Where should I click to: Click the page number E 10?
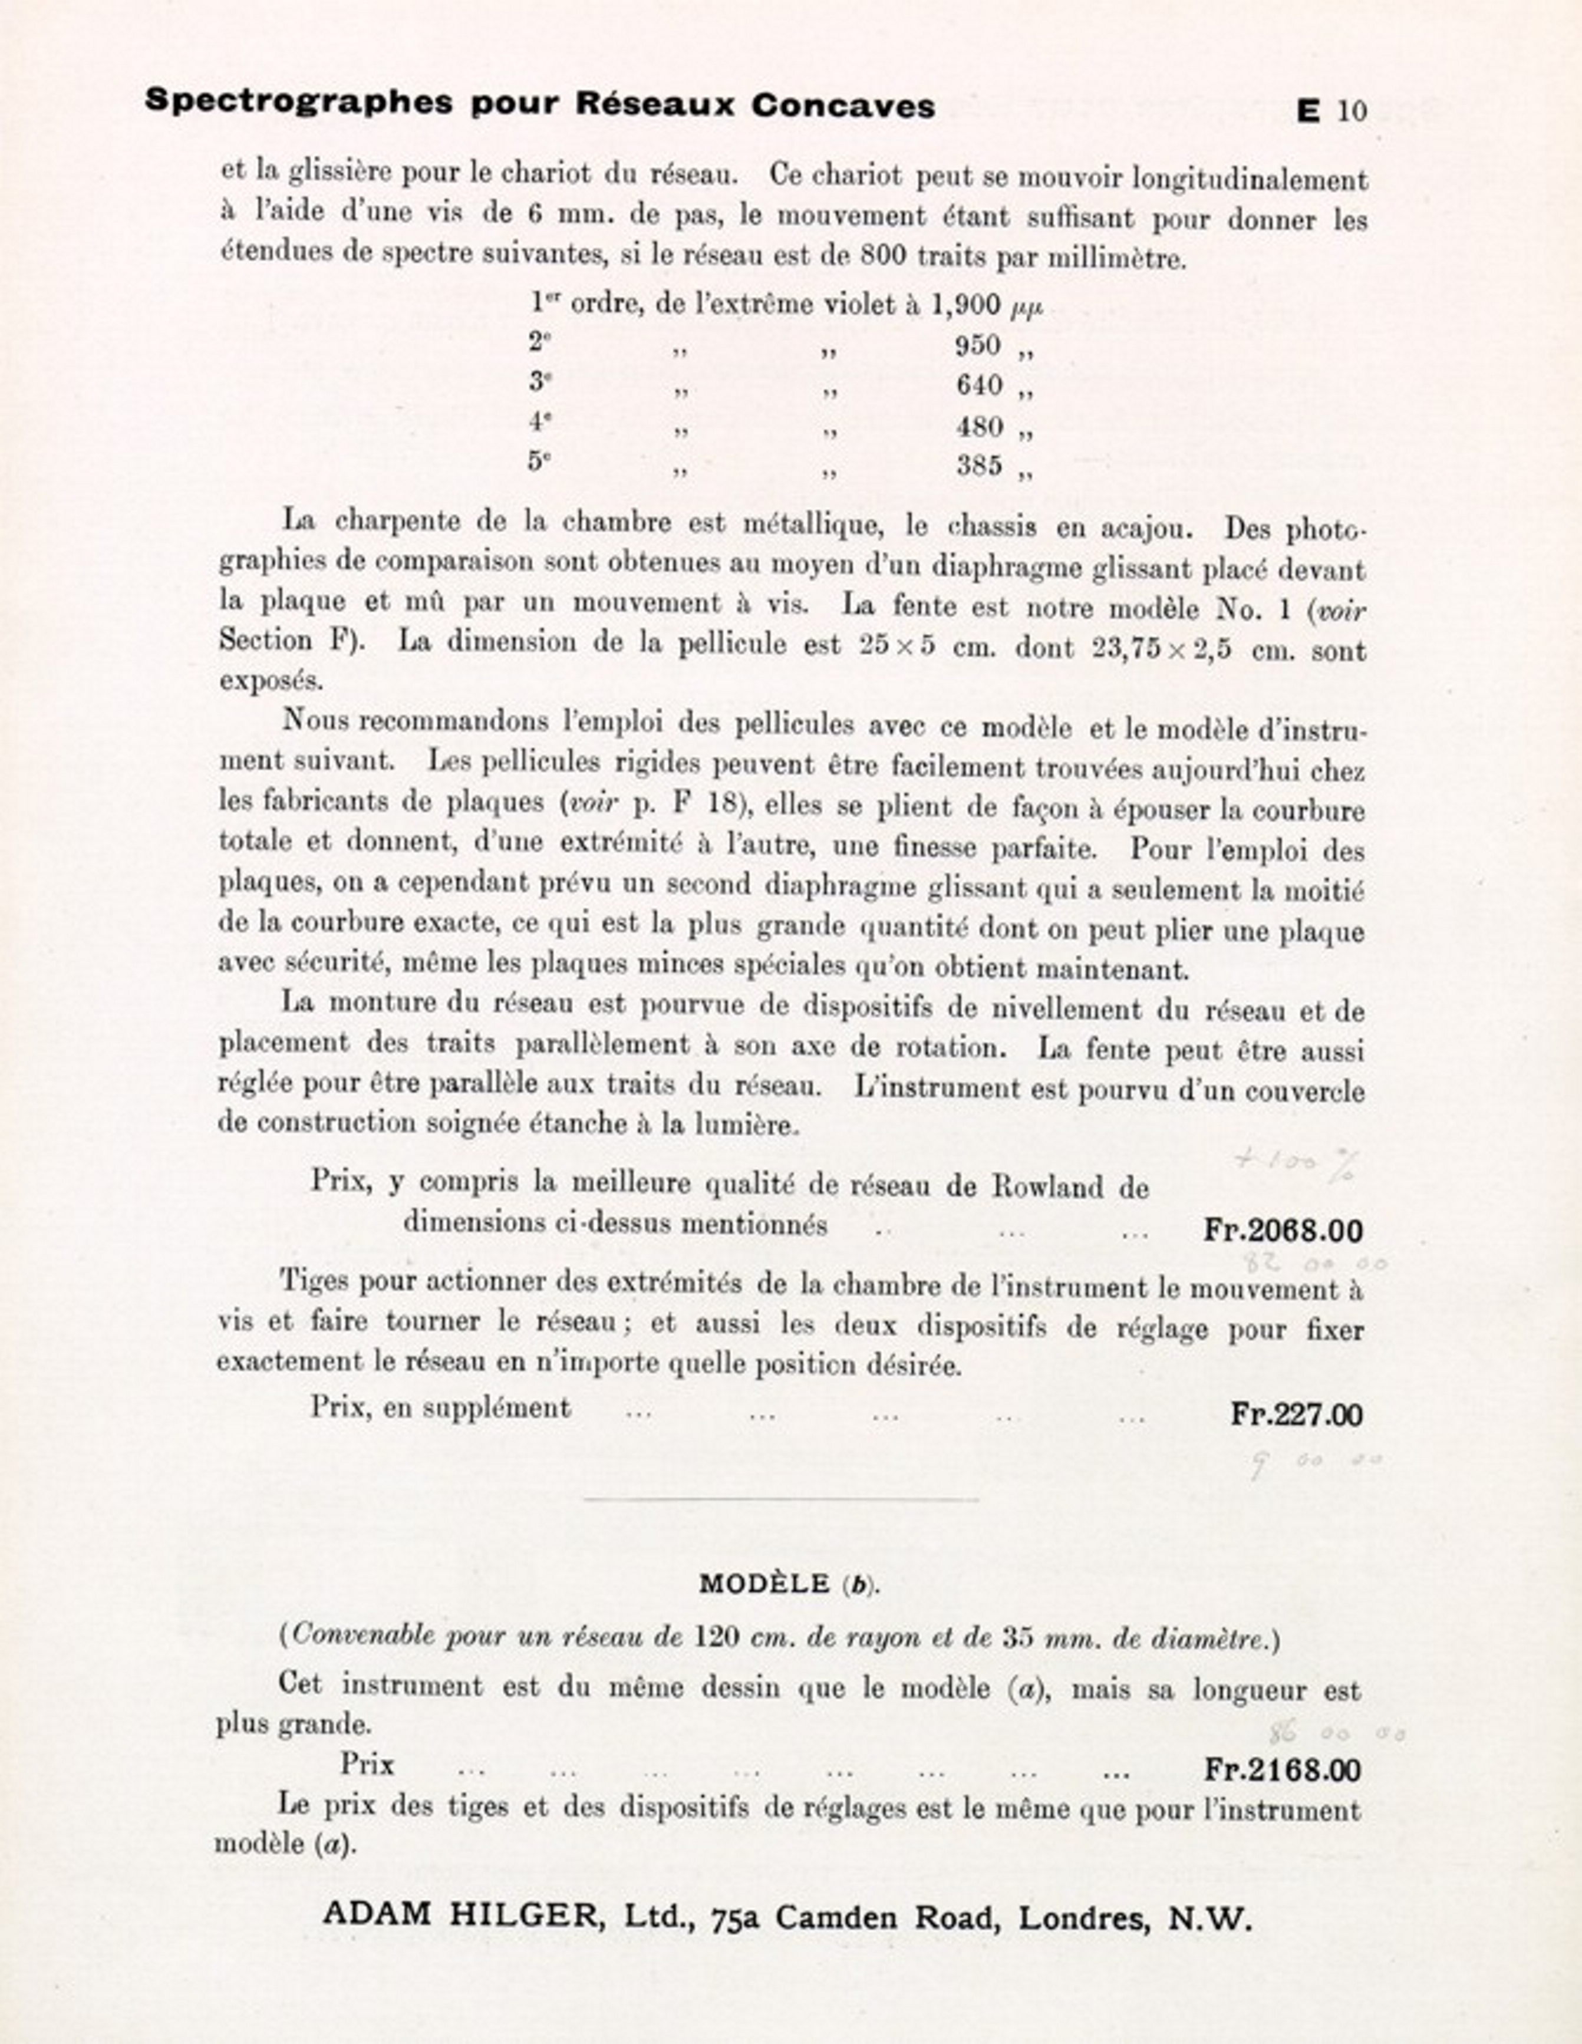[x=1331, y=111]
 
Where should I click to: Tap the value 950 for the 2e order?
[x=978, y=347]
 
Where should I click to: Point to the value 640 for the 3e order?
[x=978, y=385]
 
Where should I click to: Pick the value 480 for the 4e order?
[x=978, y=427]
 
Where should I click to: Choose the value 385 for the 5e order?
[x=978, y=465]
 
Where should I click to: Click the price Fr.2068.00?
[x=1283, y=1231]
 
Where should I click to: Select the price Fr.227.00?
[x=1296, y=1414]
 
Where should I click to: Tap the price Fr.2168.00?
[x=1283, y=1770]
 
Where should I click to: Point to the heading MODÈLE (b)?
[x=790, y=1584]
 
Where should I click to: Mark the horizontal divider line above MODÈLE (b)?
[x=782, y=1499]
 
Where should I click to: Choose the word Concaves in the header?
[x=842, y=106]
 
